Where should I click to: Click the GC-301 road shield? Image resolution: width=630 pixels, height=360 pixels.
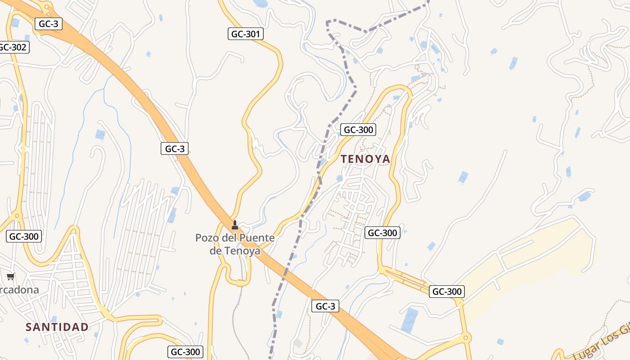[x=246, y=34]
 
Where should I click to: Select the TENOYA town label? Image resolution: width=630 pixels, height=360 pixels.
[x=365, y=159]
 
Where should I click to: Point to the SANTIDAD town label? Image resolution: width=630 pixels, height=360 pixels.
[x=57, y=327]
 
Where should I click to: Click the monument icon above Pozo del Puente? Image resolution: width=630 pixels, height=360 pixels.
[x=234, y=225]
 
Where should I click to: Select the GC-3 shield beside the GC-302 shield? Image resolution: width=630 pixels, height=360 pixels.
[x=49, y=24]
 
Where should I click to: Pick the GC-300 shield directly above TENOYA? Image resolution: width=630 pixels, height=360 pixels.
[x=358, y=130]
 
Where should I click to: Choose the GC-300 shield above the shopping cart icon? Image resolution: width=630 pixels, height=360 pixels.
[x=24, y=236]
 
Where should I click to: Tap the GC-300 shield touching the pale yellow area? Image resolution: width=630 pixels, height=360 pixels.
[x=446, y=292]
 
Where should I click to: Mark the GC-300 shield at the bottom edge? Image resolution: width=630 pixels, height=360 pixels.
[x=186, y=352]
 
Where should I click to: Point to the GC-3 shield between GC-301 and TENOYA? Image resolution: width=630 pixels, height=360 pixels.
[x=175, y=148]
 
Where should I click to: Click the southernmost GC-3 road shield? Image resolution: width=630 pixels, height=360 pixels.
[x=325, y=306]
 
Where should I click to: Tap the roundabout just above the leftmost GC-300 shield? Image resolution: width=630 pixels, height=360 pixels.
[x=17, y=216]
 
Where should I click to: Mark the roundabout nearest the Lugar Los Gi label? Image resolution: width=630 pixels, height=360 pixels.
[x=466, y=337]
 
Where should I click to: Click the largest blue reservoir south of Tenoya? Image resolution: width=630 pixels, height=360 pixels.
[x=409, y=320]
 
